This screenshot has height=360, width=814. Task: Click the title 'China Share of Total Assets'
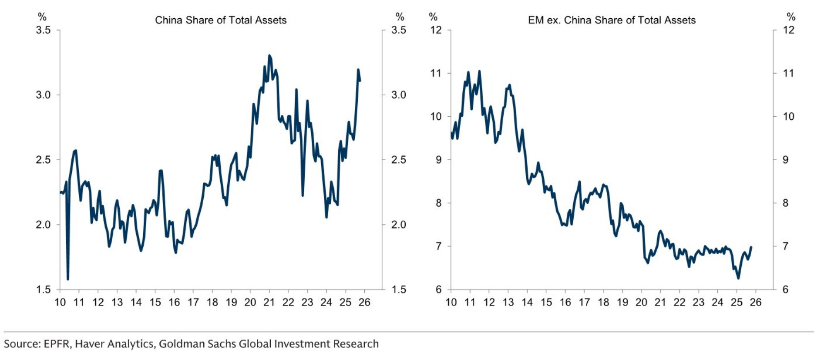tap(221, 20)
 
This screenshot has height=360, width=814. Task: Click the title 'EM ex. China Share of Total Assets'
tap(612, 20)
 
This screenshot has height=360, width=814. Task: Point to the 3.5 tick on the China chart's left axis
tap(43, 30)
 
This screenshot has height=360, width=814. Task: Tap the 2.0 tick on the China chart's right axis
tap(399, 225)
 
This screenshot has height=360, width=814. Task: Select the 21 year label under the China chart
tap(269, 302)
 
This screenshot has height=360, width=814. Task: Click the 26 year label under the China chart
tap(364, 302)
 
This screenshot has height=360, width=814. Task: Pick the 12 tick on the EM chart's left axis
tap(436, 30)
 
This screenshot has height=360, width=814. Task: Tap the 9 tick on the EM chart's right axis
tap(785, 160)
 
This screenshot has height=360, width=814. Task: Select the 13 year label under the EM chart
tap(508, 302)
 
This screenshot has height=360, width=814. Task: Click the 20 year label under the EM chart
tap(641, 302)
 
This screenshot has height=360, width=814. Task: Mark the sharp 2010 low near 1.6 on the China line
tap(68, 279)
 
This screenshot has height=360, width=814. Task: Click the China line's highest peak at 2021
tap(269, 56)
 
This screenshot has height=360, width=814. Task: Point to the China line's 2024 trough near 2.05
tap(326, 217)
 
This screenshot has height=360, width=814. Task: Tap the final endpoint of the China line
tap(360, 80)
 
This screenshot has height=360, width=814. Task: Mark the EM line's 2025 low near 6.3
tap(738, 278)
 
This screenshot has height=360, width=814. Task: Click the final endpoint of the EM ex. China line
tap(751, 247)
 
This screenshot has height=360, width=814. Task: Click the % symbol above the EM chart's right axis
tap(791, 17)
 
